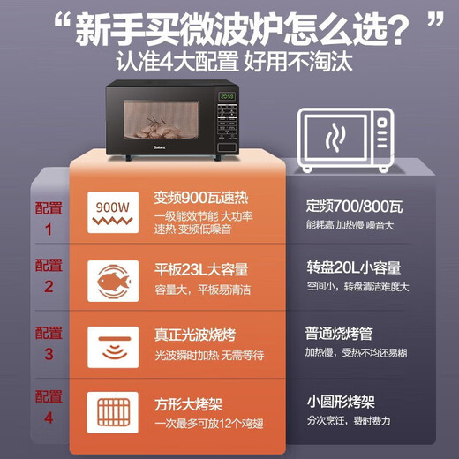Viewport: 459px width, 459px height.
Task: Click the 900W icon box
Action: [112, 213]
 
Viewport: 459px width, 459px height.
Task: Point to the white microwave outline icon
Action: [344, 139]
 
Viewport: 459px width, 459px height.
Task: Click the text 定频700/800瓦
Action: [353, 207]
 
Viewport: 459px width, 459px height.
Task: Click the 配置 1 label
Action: [49, 218]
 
